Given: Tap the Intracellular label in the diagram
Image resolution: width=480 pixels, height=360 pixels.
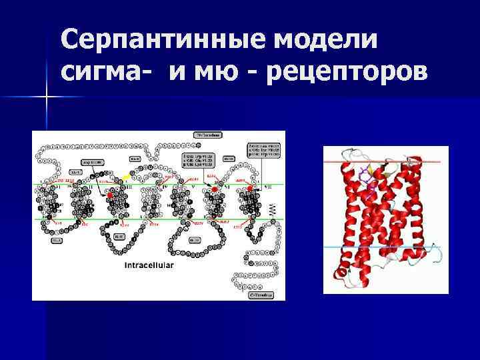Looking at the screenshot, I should pyautogui.click(x=149, y=265).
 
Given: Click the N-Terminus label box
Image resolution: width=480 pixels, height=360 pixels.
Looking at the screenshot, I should pyautogui.click(x=208, y=135).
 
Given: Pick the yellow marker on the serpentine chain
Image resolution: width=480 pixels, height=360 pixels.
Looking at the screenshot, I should pyautogui.click(x=127, y=177).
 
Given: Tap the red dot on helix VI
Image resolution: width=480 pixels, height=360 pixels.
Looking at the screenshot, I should pyautogui.click(x=215, y=190).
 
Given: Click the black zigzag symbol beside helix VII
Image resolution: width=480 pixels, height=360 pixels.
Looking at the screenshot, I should pyautogui.click(x=271, y=209).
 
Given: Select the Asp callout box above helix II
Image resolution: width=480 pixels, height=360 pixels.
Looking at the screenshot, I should pyautogui.click(x=92, y=163).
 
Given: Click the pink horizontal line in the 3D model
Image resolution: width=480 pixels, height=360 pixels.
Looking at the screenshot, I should pyautogui.click(x=384, y=162).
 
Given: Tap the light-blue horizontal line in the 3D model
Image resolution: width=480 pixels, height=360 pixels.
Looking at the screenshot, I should pyautogui.click(x=384, y=247).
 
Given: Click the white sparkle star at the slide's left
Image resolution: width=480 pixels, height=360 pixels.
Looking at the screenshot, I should pyautogui.click(x=47, y=98).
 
